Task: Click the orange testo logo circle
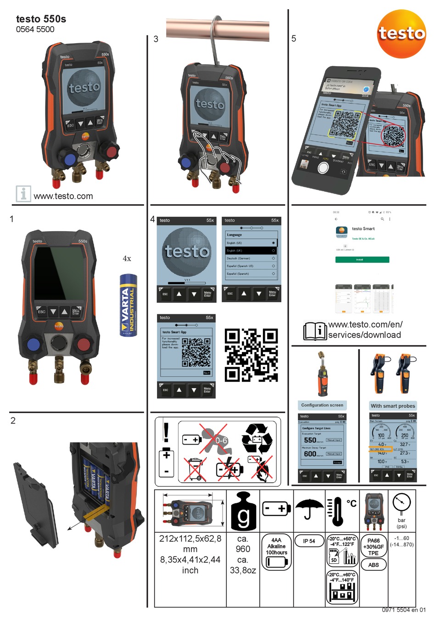tap(401, 33)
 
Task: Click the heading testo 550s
tap(41, 19)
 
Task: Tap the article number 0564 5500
tap(35, 29)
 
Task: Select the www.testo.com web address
tap(63, 196)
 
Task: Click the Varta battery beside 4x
tap(128, 305)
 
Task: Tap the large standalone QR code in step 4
tap(251, 355)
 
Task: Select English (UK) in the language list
tap(251, 251)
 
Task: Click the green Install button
tap(362, 260)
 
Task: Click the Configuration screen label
tap(322, 405)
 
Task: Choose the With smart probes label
tap(393, 406)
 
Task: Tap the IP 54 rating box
tap(309, 541)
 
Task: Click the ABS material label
tap(374, 565)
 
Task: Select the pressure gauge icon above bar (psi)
tap(402, 503)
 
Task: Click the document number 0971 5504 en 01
tap(403, 610)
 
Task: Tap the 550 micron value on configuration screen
tap(311, 440)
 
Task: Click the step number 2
tap(13, 420)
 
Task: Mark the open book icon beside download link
tap(315, 331)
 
